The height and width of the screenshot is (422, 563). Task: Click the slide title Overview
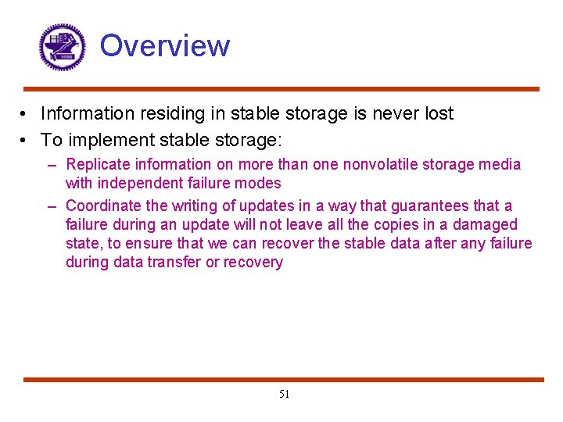(x=165, y=46)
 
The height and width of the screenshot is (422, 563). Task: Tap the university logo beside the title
(x=62, y=47)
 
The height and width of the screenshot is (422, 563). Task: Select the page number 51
(x=284, y=395)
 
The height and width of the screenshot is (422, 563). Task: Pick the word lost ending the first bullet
(x=438, y=114)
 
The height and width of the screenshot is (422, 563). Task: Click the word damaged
(x=484, y=225)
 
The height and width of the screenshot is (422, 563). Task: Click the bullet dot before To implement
(x=27, y=141)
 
